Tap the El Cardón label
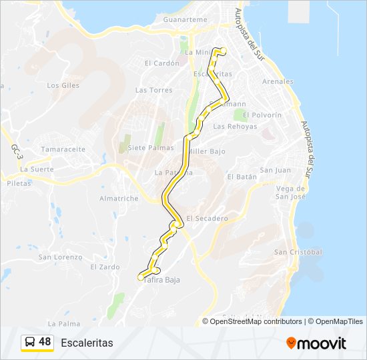click(162, 63)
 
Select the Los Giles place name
click(63, 85)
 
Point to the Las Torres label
click(153, 90)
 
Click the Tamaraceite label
click(63, 149)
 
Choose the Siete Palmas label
click(145, 147)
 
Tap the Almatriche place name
click(119, 199)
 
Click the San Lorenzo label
click(60, 257)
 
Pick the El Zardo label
click(105, 267)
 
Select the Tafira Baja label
click(161, 280)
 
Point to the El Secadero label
click(207, 218)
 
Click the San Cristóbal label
click(298, 252)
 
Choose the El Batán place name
click(241, 177)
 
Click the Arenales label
click(278, 82)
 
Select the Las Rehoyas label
click(234, 127)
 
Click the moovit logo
click(316, 343)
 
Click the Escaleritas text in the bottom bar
click(87, 343)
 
